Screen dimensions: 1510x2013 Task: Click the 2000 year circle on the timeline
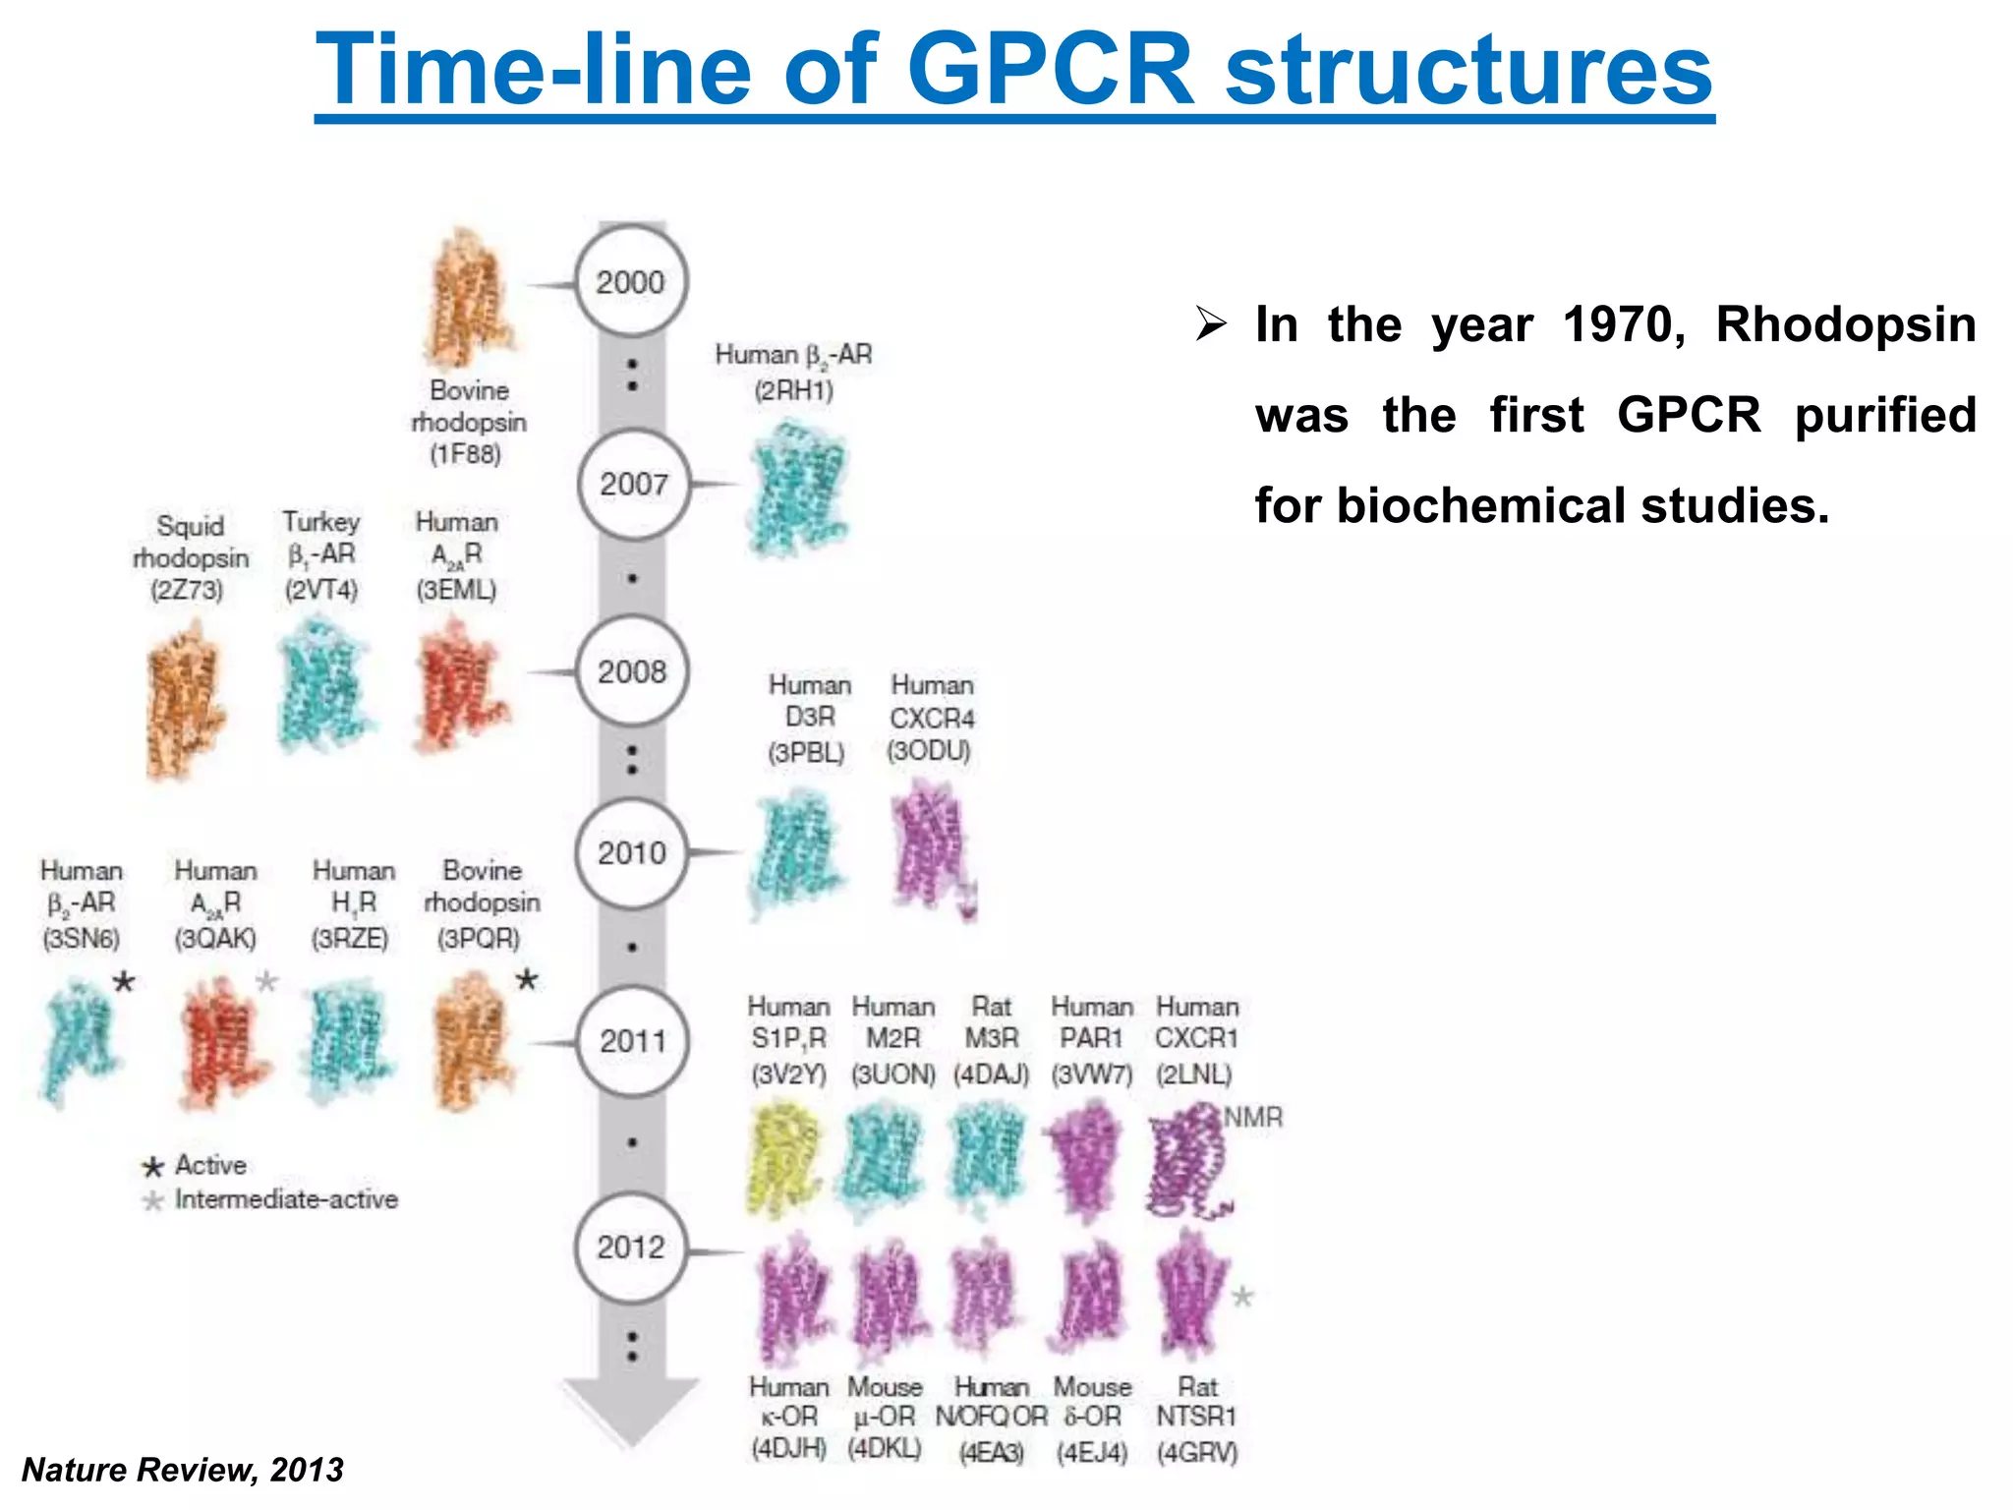[631, 282]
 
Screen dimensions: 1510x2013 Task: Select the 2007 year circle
[634, 484]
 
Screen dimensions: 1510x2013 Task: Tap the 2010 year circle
[632, 852]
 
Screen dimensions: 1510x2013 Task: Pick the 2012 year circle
[631, 1248]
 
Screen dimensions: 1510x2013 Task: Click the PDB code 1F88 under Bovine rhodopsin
[466, 454]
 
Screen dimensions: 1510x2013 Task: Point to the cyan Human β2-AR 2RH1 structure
[797, 487]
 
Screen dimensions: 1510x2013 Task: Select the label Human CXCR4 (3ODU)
[931, 718]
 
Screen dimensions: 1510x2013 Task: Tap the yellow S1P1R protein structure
[783, 1160]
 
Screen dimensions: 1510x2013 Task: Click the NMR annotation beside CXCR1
[1253, 1118]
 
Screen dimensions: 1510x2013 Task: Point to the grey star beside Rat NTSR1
[1242, 1297]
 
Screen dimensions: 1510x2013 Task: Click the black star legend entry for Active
[152, 1167]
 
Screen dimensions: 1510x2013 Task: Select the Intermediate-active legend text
[286, 1199]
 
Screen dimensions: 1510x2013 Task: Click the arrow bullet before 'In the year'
[1211, 323]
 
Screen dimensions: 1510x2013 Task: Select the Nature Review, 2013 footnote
[183, 1470]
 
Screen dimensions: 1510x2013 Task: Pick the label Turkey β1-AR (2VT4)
[321, 554]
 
